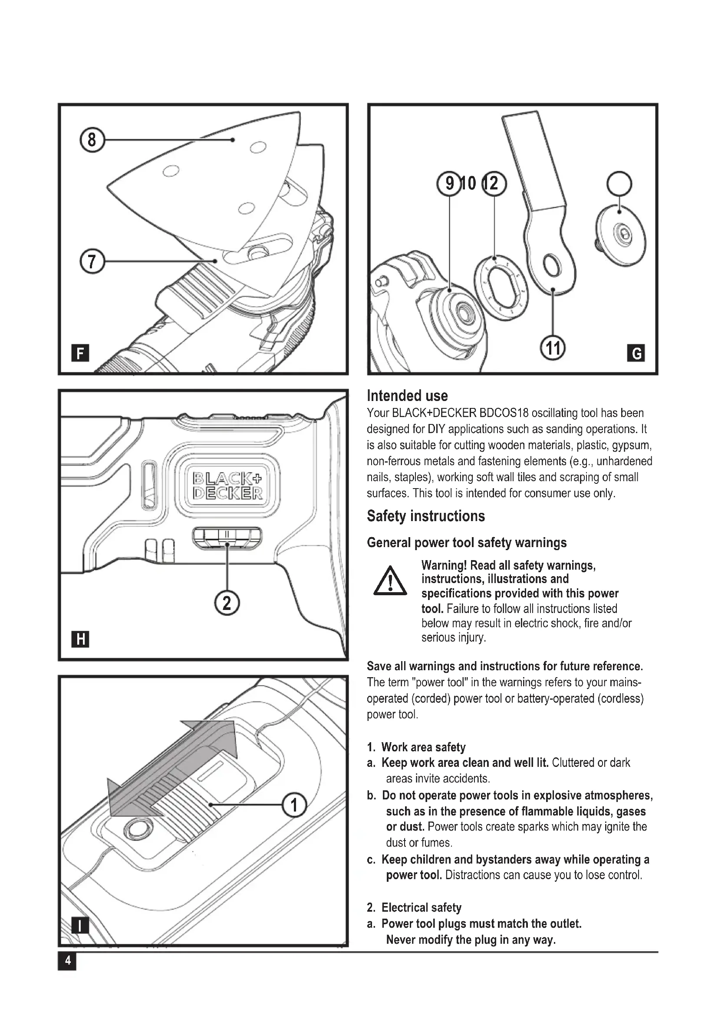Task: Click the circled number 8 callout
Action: (x=92, y=140)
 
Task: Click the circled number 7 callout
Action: (x=92, y=261)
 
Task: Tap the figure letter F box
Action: (x=80, y=353)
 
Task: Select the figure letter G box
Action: (x=636, y=353)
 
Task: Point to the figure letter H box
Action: (x=80, y=639)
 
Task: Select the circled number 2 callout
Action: (x=227, y=603)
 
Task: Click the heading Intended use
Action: (x=407, y=395)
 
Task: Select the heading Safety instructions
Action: (x=426, y=516)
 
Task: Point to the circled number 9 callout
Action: (x=449, y=183)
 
